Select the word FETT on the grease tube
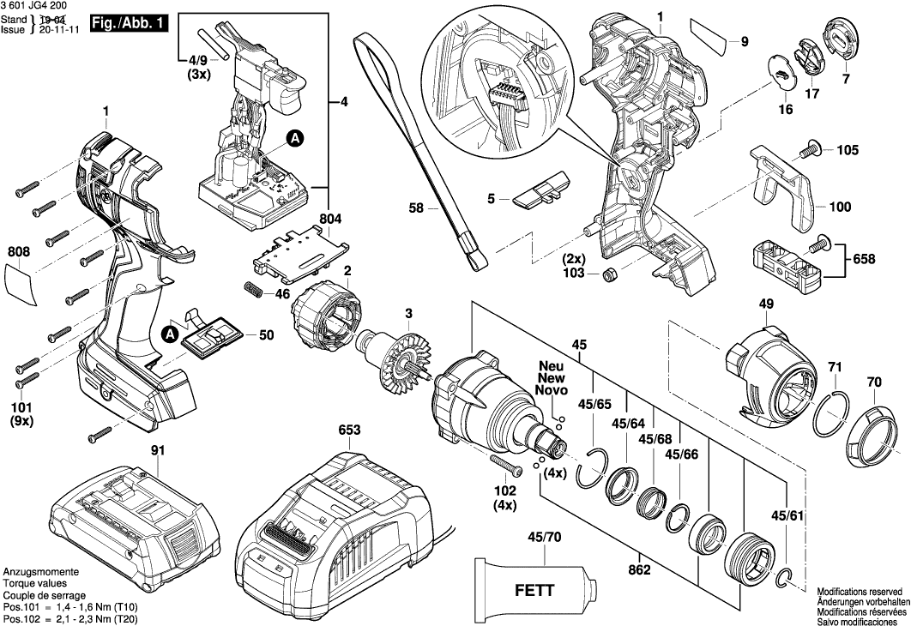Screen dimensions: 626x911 [x=534, y=591]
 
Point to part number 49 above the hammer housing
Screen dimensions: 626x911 [x=766, y=304]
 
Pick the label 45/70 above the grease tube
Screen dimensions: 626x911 [x=545, y=538]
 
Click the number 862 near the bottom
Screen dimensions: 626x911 [x=638, y=568]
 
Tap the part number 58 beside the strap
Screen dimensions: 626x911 [x=416, y=208]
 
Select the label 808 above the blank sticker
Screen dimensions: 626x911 [x=19, y=252]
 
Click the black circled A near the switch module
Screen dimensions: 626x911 [x=294, y=137]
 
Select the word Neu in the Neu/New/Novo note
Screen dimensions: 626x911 [x=550, y=365]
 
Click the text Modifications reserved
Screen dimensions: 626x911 [x=860, y=593]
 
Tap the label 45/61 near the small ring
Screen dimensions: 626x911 [x=788, y=516]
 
